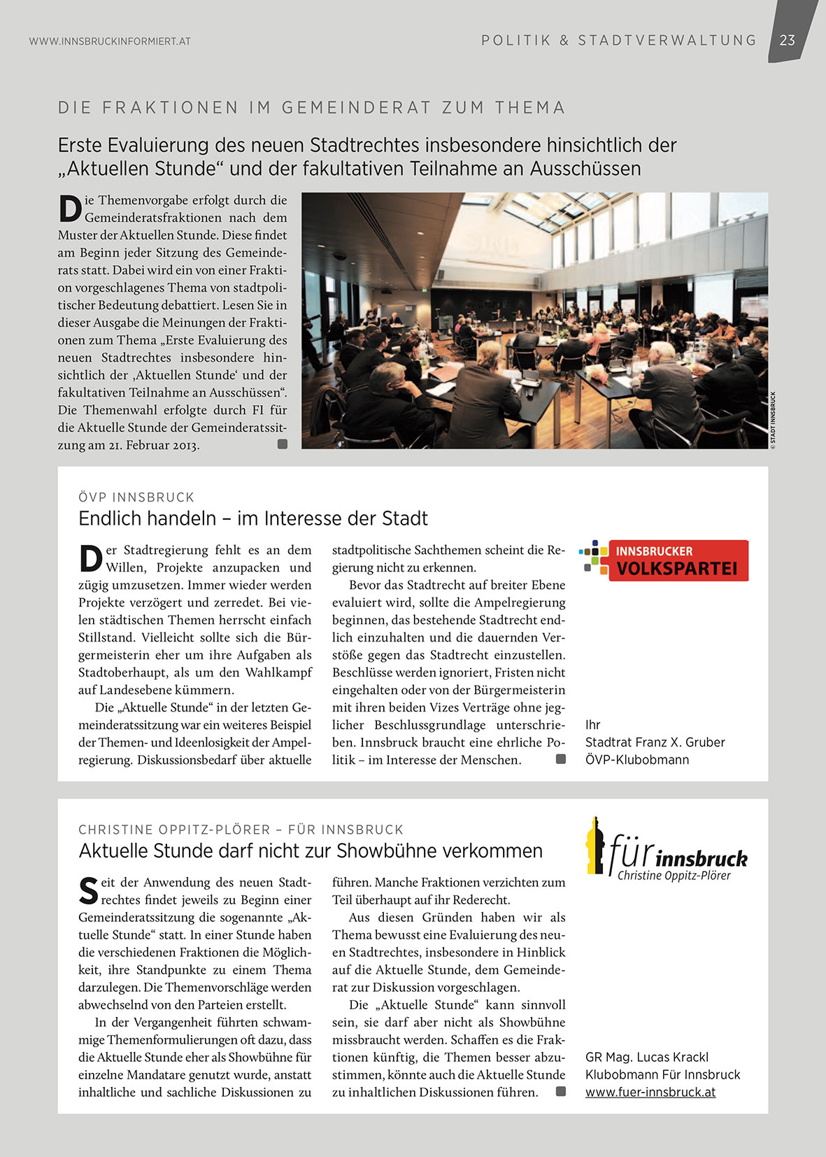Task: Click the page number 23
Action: (788, 41)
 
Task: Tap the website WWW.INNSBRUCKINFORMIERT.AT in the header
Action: (110, 41)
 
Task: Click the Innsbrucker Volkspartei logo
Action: (664, 560)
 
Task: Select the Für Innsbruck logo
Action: (667, 849)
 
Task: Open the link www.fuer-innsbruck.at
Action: (650, 1092)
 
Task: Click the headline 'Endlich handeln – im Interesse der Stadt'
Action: (253, 518)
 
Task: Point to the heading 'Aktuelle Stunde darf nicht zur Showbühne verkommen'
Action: (311, 851)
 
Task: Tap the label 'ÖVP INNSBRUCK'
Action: (136, 497)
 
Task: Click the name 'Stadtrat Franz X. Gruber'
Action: (655, 742)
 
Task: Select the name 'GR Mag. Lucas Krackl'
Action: (647, 1057)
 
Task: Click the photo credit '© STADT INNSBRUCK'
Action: (773, 420)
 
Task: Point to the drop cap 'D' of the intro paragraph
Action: (70, 209)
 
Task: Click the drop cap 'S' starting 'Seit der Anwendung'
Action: (89, 891)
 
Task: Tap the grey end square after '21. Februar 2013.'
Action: (283, 443)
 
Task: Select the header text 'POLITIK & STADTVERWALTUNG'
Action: (619, 41)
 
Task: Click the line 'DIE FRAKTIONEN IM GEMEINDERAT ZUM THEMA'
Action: (311, 108)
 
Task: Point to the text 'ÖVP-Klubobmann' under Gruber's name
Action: (637, 760)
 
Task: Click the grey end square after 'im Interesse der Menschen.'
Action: (560, 759)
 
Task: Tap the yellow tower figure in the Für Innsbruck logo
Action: (595, 845)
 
